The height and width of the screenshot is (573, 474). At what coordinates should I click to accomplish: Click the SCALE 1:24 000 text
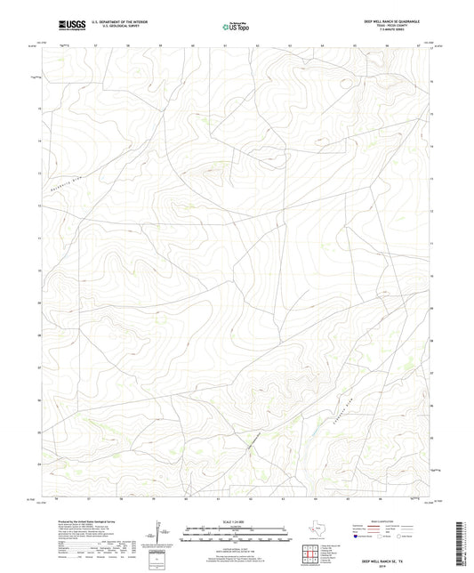pos(236,523)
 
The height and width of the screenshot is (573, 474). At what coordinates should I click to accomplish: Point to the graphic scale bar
pos(236,533)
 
